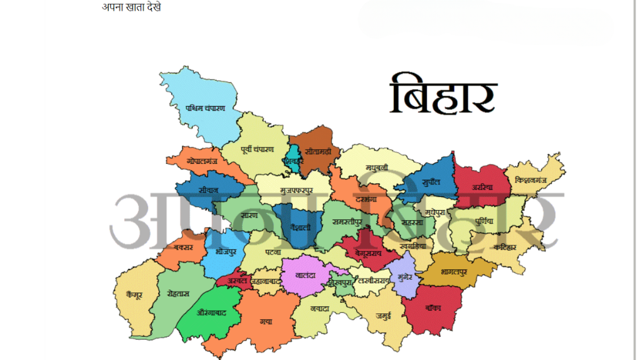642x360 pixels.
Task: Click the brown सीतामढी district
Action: (313, 152)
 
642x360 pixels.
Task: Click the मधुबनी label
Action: (377, 167)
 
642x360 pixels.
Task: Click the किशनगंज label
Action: (532, 179)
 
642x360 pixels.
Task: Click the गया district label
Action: (266, 321)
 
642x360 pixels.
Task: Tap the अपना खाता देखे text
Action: (132, 7)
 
